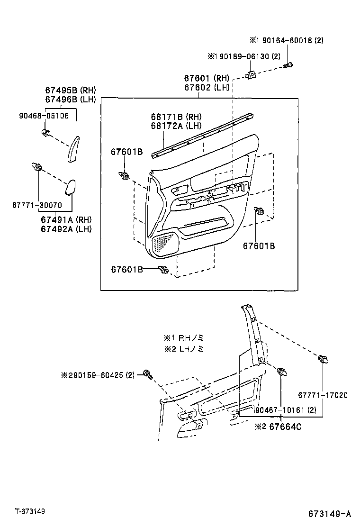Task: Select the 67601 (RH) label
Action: [207, 79]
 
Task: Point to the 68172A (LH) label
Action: [170, 126]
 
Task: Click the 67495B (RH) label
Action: [71, 90]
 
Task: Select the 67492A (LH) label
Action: [66, 229]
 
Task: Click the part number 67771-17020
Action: [323, 395]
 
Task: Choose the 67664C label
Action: [285, 427]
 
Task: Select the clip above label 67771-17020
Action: [323, 360]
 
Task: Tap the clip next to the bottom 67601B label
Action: [164, 270]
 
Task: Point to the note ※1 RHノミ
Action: [184, 338]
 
